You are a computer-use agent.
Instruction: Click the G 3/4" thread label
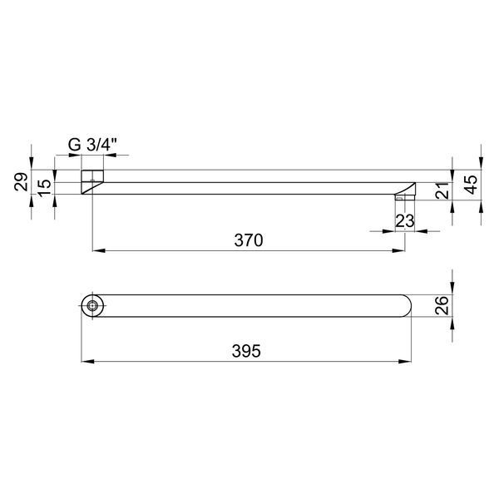click(x=92, y=146)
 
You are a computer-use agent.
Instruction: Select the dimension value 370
click(x=249, y=240)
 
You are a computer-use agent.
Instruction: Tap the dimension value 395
click(x=246, y=351)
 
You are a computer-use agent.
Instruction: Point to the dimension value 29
click(x=21, y=181)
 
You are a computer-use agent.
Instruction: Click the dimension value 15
click(x=44, y=188)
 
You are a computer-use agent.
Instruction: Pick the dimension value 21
click(x=442, y=190)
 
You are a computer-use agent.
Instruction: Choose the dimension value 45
click(x=471, y=185)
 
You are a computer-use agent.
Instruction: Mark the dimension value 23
click(x=405, y=220)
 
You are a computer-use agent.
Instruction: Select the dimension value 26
click(x=442, y=305)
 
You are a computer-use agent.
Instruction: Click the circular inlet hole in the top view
click(x=92, y=305)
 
